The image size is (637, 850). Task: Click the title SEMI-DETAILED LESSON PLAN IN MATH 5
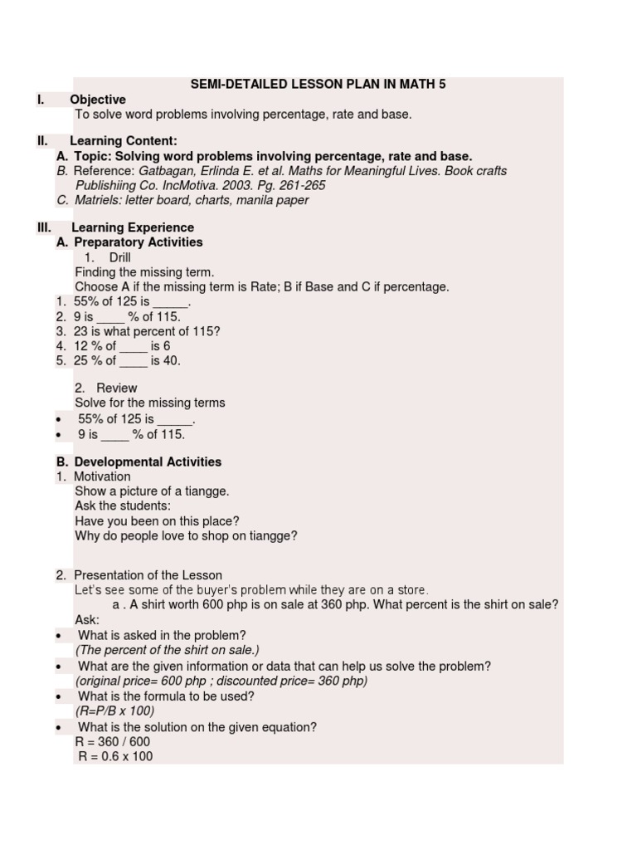pyautogui.click(x=318, y=85)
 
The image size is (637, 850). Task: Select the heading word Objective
pyautogui.click(x=98, y=100)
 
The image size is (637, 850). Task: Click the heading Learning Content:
pyautogui.click(x=124, y=141)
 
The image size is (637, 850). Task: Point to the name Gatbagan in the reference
pyautogui.click(x=165, y=171)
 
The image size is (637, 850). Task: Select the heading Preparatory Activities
pyautogui.click(x=138, y=242)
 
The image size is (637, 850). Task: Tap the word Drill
pyautogui.click(x=119, y=257)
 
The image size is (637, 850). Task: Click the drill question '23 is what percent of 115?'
pyautogui.click(x=147, y=331)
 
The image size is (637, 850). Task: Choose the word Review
pyautogui.click(x=116, y=388)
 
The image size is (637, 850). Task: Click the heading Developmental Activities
pyautogui.click(x=148, y=462)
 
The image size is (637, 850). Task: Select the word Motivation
pyautogui.click(x=102, y=476)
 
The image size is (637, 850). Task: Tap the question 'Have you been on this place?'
pyautogui.click(x=157, y=521)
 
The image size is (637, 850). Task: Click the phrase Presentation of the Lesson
pyautogui.click(x=148, y=575)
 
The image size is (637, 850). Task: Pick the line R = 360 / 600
pyautogui.click(x=113, y=742)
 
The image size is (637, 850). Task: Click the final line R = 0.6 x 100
pyautogui.click(x=115, y=757)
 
